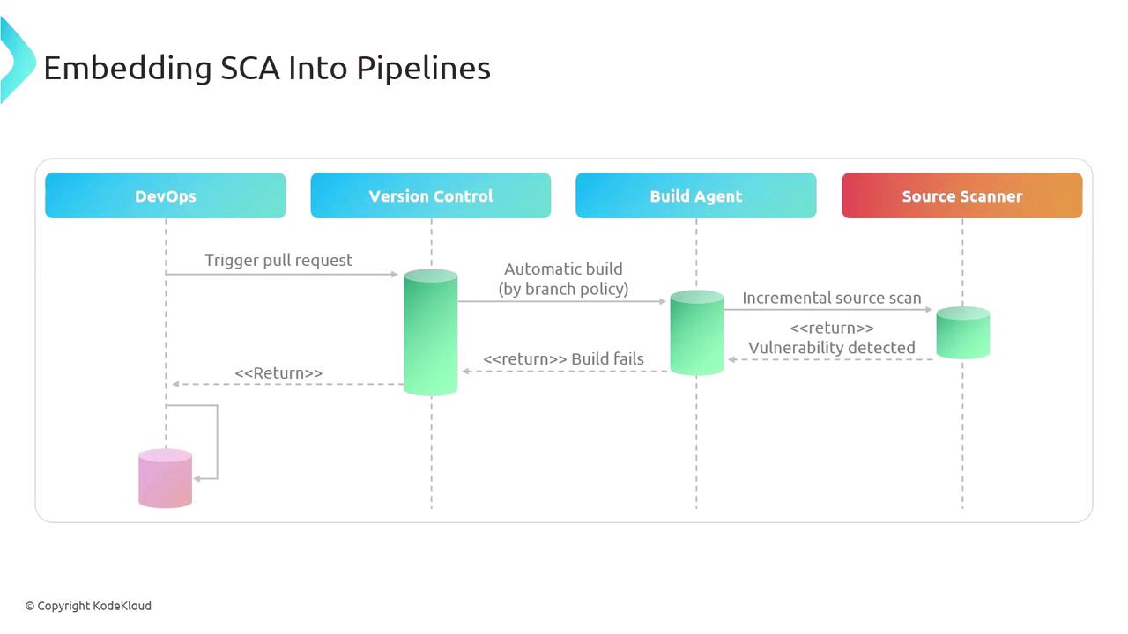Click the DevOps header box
point(165,195)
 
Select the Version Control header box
point(431,195)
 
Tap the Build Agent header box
point(696,195)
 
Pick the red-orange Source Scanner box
point(961,195)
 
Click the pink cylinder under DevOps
point(165,478)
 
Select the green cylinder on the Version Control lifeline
point(431,332)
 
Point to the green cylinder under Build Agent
point(696,333)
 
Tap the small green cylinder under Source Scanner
point(963,333)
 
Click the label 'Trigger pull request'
point(278,261)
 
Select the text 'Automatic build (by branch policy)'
point(563,279)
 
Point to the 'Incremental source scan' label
point(832,298)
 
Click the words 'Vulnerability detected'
point(832,348)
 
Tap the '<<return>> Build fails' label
point(563,358)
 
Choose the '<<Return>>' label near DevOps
point(278,372)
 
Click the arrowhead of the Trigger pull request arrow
point(395,274)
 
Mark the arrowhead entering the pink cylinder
point(197,478)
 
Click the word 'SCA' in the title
point(249,68)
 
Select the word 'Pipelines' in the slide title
point(424,69)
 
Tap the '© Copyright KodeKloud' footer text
point(88,606)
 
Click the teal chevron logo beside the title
point(17,61)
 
